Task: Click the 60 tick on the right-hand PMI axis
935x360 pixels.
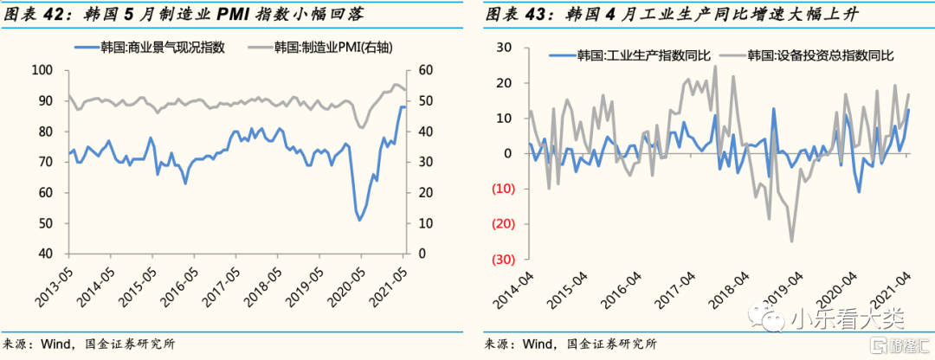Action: (426, 70)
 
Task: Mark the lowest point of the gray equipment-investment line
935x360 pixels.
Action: (791, 241)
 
